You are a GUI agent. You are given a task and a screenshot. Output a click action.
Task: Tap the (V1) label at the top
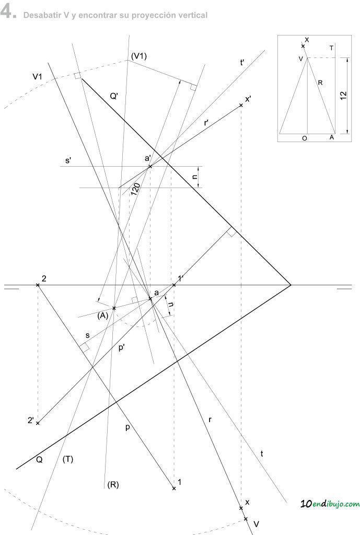point(138,56)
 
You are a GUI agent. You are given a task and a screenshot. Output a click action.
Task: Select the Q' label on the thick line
point(114,97)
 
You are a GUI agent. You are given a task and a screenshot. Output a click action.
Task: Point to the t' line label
point(242,63)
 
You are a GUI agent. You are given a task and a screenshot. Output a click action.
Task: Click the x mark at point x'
point(241,105)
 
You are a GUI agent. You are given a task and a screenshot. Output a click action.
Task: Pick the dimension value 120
point(135,189)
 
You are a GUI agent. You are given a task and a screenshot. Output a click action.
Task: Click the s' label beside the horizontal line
point(68,160)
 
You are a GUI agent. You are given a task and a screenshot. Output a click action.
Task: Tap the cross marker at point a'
point(150,167)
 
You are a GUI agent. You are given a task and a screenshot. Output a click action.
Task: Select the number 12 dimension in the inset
point(343,95)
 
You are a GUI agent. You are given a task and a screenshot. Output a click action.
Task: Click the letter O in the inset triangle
point(305,138)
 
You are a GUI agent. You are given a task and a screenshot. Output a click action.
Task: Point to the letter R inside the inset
point(320,83)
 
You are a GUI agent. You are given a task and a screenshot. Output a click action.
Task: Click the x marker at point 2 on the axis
point(38,285)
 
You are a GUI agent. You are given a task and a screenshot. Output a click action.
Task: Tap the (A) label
point(103,316)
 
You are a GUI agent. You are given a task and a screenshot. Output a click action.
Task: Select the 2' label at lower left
point(31,421)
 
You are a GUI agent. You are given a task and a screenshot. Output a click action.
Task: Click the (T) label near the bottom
point(67,459)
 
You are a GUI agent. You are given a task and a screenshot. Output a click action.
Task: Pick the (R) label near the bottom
point(113,484)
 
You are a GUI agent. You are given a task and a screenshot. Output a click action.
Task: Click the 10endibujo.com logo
point(330,504)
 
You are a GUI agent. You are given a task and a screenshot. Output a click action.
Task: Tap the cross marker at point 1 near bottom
point(174,489)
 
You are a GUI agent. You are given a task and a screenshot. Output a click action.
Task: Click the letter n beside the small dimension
point(195,177)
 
